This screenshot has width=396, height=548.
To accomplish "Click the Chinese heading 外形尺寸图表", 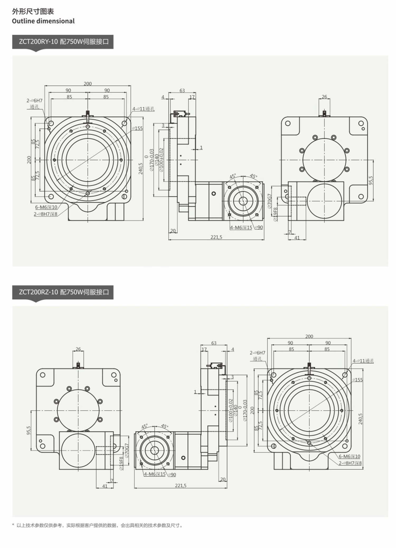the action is pyautogui.click(x=33, y=11).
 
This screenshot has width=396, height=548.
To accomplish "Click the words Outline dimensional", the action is pyautogui.click(x=43, y=21).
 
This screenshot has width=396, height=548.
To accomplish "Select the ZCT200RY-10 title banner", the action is pyautogui.click(x=63, y=42).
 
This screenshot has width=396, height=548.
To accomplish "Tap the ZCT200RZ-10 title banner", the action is pyautogui.click(x=63, y=292).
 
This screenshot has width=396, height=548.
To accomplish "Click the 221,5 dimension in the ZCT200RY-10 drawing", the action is pyautogui.click(x=216, y=237).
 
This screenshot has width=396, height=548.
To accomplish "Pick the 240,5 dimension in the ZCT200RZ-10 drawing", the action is pyautogui.click(x=360, y=419).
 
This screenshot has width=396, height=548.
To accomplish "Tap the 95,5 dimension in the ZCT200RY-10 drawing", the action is pyautogui.click(x=371, y=180).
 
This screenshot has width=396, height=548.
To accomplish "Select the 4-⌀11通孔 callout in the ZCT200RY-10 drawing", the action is pyautogui.click(x=143, y=109).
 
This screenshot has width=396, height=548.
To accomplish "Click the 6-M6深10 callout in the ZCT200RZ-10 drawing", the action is pyautogui.click(x=349, y=456).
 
